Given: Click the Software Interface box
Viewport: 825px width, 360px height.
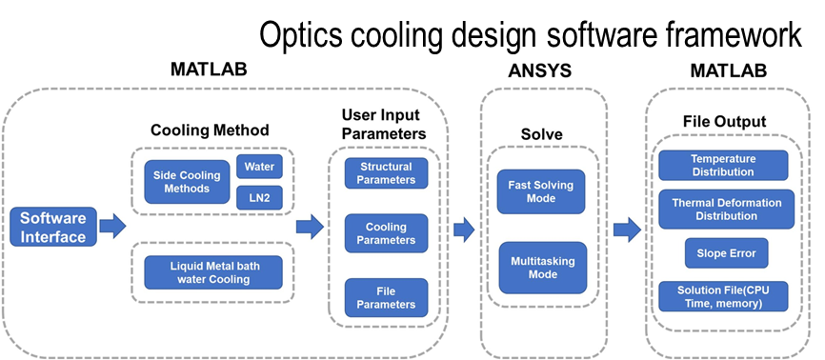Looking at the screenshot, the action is (x=53, y=228).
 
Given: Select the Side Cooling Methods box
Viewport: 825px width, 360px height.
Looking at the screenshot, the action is (x=187, y=182).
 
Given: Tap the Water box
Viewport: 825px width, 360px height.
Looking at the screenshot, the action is (x=259, y=167).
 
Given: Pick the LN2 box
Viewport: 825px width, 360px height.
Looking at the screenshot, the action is (x=259, y=198).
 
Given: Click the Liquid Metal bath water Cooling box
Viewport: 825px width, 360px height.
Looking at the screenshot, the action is (x=213, y=272).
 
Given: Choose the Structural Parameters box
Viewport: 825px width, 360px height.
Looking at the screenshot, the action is (x=386, y=173).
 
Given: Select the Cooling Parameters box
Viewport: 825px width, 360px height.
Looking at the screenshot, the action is (x=386, y=233).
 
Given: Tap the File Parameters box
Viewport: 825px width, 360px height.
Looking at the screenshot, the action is (x=386, y=298).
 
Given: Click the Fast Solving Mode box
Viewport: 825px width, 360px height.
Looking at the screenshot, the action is (x=541, y=191).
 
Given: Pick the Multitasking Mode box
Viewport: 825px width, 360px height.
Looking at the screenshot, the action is (x=542, y=268).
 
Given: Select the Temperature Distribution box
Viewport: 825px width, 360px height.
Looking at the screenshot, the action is (x=723, y=166).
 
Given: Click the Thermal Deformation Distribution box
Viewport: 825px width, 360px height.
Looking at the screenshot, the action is (x=726, y=210).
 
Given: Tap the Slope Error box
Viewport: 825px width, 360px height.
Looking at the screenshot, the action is (x=726, y=253).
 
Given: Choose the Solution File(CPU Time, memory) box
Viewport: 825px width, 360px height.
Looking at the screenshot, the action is (x=723, y=296).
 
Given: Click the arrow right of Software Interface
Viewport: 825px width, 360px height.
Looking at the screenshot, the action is (x=112, y=227).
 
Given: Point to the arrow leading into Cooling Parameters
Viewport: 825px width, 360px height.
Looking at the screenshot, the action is (x=310, y=227).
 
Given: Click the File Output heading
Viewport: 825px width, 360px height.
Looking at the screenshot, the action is (x=725, y=122).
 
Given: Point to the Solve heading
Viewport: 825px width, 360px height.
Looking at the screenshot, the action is (x=541, y=134).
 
